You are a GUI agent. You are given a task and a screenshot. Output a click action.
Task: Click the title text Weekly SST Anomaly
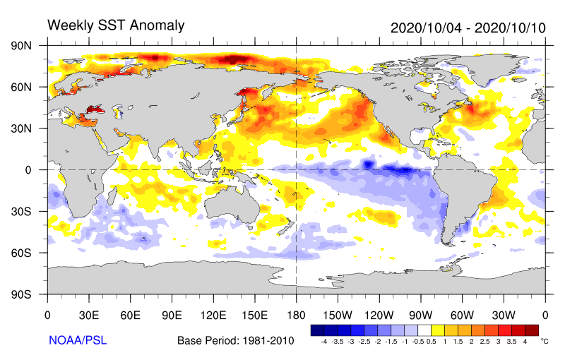pos(115,25)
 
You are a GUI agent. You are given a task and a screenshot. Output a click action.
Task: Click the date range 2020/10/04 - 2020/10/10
pos(468,28)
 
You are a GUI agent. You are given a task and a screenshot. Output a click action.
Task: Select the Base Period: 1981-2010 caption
pos(235,341)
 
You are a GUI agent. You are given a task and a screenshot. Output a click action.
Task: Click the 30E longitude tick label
pos(89,314)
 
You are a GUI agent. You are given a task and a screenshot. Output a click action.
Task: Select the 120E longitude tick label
pos(213,314)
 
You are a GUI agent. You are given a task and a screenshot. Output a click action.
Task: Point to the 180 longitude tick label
pos(296,314)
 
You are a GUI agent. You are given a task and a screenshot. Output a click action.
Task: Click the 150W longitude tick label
pos(338,314)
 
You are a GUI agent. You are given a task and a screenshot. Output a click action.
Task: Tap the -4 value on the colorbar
pos(323,341)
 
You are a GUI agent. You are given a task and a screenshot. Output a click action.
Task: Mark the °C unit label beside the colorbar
pos(544,340)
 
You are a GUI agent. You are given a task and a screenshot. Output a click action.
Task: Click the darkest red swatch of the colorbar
pos(532,330)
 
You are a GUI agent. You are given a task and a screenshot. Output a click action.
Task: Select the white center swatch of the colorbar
pos(424,330)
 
